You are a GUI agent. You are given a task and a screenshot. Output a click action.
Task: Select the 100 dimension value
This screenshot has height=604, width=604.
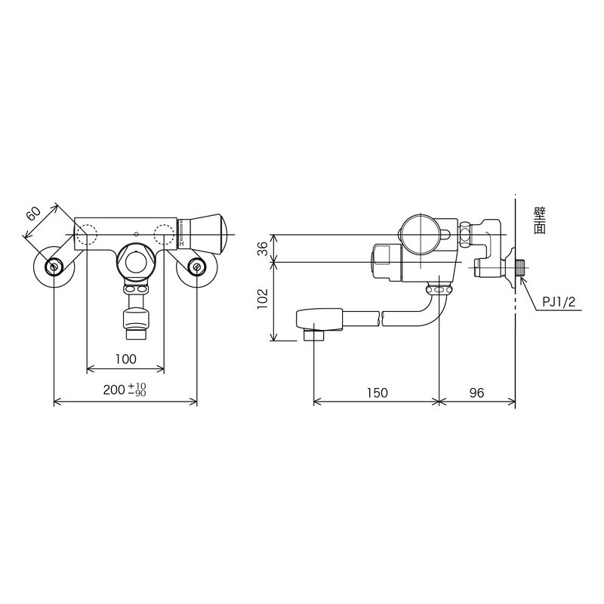(126, 359)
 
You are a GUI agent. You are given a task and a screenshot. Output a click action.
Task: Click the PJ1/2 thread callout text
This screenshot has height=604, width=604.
(559, 302)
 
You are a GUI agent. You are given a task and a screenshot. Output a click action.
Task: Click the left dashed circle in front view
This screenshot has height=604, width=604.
(88, 234)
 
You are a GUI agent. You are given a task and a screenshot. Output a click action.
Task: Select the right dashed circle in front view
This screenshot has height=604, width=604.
(164, 234)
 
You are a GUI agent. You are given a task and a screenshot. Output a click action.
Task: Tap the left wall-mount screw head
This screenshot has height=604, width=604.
(54, 267)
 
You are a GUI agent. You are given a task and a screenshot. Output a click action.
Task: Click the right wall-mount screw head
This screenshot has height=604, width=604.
(197, 267)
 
